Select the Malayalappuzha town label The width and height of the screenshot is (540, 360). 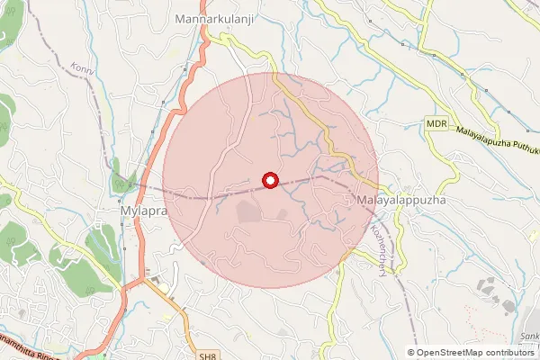400,197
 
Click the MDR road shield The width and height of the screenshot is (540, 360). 437,123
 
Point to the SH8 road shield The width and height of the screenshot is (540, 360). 209,356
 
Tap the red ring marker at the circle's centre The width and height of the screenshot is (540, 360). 269,180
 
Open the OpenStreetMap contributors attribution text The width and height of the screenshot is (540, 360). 474,352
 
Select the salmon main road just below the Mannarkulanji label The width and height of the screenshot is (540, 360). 208,40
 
